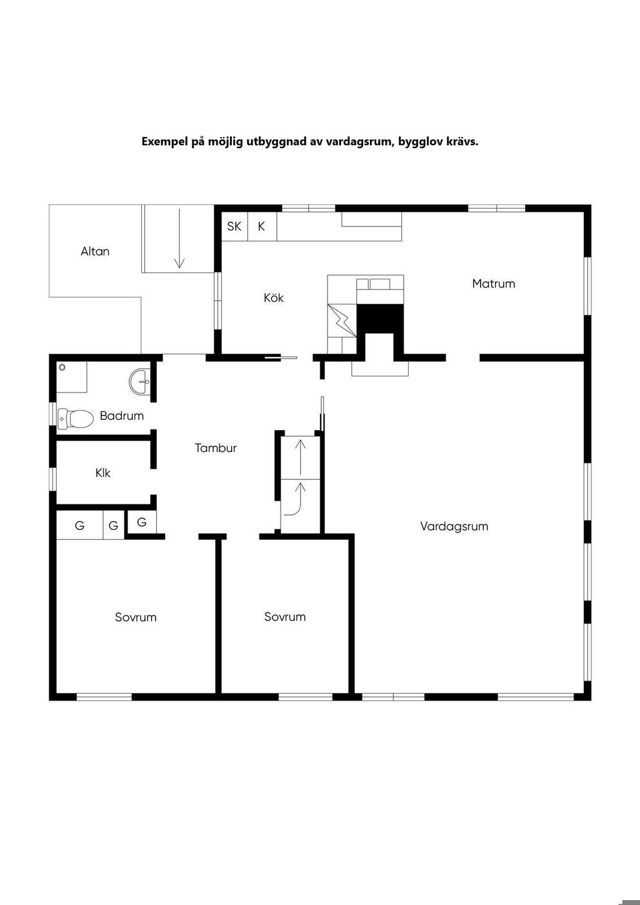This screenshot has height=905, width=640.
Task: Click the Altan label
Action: [x=95, y=251]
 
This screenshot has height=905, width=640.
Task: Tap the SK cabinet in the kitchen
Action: [x=234, y=226]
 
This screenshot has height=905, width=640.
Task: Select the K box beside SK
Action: [x=261, y=226]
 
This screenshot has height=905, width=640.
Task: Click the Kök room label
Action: [x=274, y=298]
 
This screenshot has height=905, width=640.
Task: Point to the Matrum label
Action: [x=494, y=284]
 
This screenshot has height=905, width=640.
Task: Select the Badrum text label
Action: [x=122, y=416]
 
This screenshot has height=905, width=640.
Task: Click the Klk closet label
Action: [x=103, y=473]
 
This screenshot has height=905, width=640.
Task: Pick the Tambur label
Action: [x=216, y=448]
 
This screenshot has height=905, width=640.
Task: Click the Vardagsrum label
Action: [x=454, y=526]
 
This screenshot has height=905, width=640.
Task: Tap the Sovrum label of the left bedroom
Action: [x=136, y=617]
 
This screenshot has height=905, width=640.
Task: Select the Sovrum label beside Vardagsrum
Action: [x=285, y=617]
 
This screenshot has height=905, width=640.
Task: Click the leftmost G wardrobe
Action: [x=79, y=526]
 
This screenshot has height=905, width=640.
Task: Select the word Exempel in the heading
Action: [x=164, y=141]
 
